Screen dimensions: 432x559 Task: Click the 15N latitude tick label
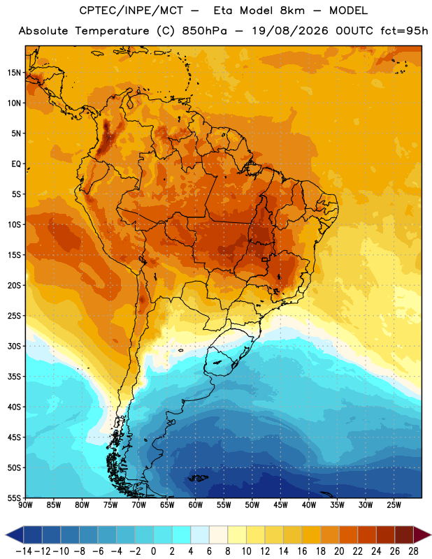tap(14, 73)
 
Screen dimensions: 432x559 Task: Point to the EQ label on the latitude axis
tap(16, 164)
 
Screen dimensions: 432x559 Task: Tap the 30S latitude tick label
tap(14, 346)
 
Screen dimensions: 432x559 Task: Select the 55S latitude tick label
tap(14, 498)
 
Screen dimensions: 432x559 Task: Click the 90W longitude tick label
tap(25, 505)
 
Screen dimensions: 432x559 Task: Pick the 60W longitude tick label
tap(196, 505)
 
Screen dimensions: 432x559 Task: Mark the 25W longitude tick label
tap(394, 505)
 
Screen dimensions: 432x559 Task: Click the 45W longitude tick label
tap(280, 505)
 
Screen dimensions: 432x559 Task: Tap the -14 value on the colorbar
tap(24, 551)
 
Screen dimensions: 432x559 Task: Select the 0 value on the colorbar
tap(153, 551)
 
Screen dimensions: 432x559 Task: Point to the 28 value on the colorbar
tap(413, 551)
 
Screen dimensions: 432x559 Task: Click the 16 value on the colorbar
tap(302, 551)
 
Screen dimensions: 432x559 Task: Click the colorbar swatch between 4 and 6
tap(200, 535)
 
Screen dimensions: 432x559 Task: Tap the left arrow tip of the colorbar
tap(6, 535)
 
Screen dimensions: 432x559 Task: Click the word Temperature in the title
tap(112, 31)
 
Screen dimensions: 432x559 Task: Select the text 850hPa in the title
tap(204, 31)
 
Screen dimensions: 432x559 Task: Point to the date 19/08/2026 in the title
tap(290, 31)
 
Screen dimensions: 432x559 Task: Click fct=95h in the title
tap(404, 31)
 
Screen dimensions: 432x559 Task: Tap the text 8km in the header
tap(292, 10)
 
